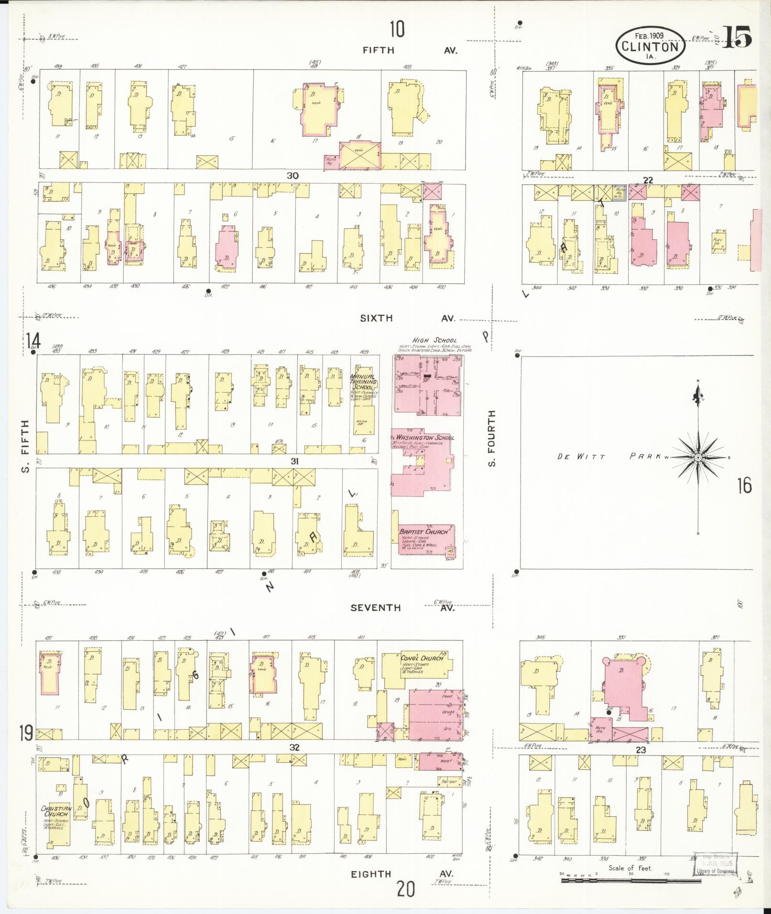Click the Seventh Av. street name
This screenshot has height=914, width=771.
[402, 608]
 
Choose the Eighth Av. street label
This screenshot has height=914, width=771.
[402, 874]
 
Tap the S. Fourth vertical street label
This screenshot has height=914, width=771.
[492, 438]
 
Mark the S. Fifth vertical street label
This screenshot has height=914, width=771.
[25, 445]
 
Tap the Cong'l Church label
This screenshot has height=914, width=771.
[422, 658]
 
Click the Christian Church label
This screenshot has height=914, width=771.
[56, 811]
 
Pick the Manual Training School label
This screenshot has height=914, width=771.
[364, 382]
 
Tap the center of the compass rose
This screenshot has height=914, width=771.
[698, 458]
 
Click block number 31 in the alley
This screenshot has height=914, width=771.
[295, 462]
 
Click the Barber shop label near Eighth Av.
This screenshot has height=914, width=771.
[450, 782]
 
